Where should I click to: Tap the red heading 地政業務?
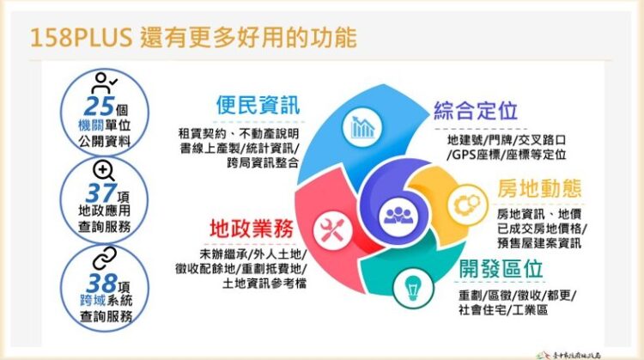pyautogui.click(x=252, y=229)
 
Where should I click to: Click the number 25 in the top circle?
pyautogui.click(x=99, y=106)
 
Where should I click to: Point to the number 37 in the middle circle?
pyautogui.click(x=100, y=194)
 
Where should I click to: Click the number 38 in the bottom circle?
pyautogui.click(x=99, y=281)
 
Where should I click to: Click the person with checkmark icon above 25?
pyautogui.click(x=105, y=82)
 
